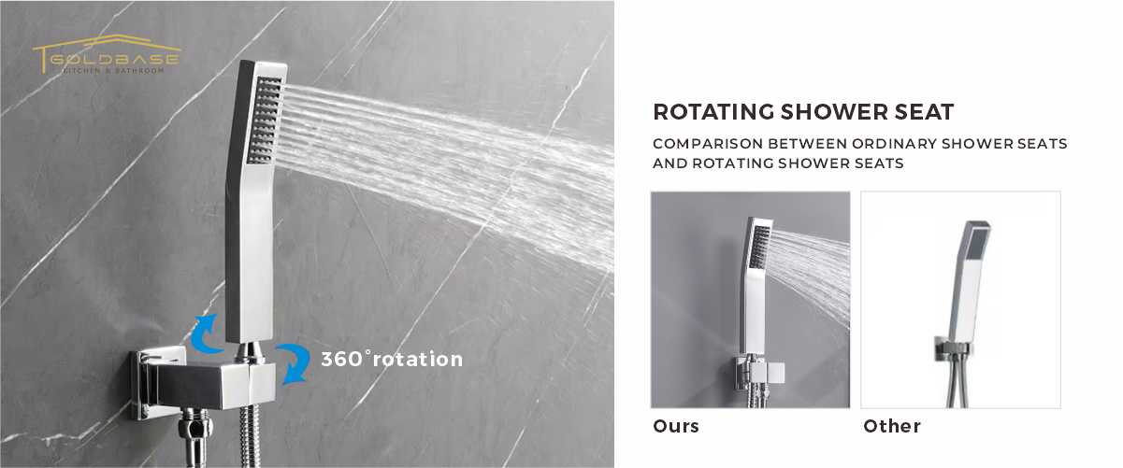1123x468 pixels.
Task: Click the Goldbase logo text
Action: pos(114,60)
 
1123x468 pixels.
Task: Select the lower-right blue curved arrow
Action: pos(295,362)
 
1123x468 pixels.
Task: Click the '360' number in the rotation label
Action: pos(341,360)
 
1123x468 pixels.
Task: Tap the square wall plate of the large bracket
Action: pos(157,383)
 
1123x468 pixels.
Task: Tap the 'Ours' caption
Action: pos(676,426)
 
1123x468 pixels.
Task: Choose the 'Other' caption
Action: pos(892,426)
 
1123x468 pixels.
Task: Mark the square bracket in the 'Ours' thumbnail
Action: pos(759,374)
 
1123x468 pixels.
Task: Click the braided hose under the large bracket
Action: pos(251,435)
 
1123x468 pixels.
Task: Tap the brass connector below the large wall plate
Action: pos(195,437)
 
